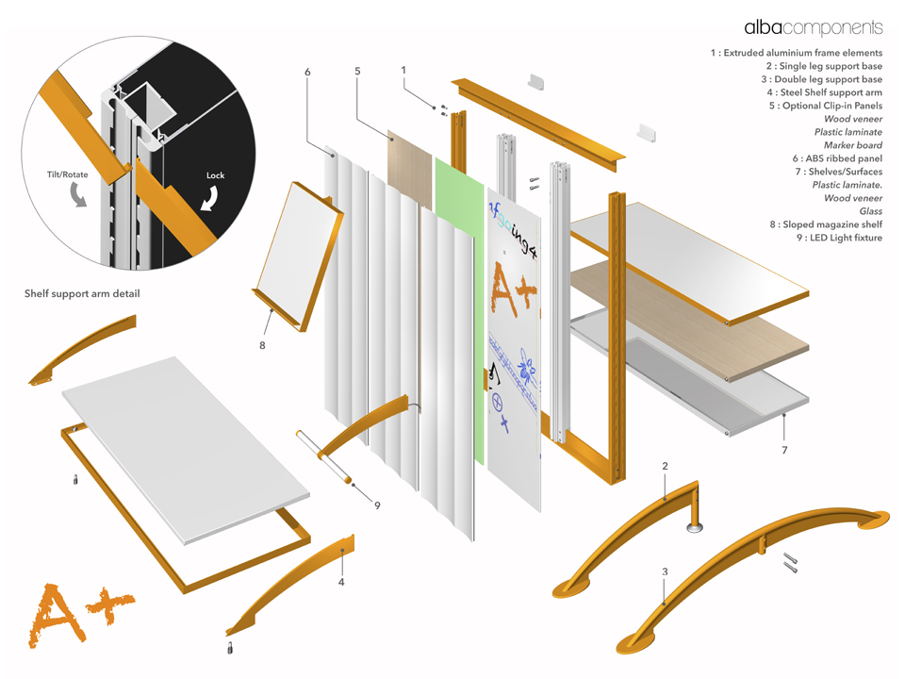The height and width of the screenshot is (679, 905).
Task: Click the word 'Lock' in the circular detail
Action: (215, 175)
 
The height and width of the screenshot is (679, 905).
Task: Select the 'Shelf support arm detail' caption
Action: (82, 294)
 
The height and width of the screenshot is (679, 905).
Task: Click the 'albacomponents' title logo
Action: (813, 27)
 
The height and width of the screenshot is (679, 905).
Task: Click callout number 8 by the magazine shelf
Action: (262, 345)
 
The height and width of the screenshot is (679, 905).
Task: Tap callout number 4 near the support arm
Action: (341, 582)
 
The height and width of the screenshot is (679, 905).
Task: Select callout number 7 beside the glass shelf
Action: (783, 451)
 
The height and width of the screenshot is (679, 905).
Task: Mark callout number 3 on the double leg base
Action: (665, 571)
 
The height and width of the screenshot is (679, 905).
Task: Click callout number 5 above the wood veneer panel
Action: (357, 71)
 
